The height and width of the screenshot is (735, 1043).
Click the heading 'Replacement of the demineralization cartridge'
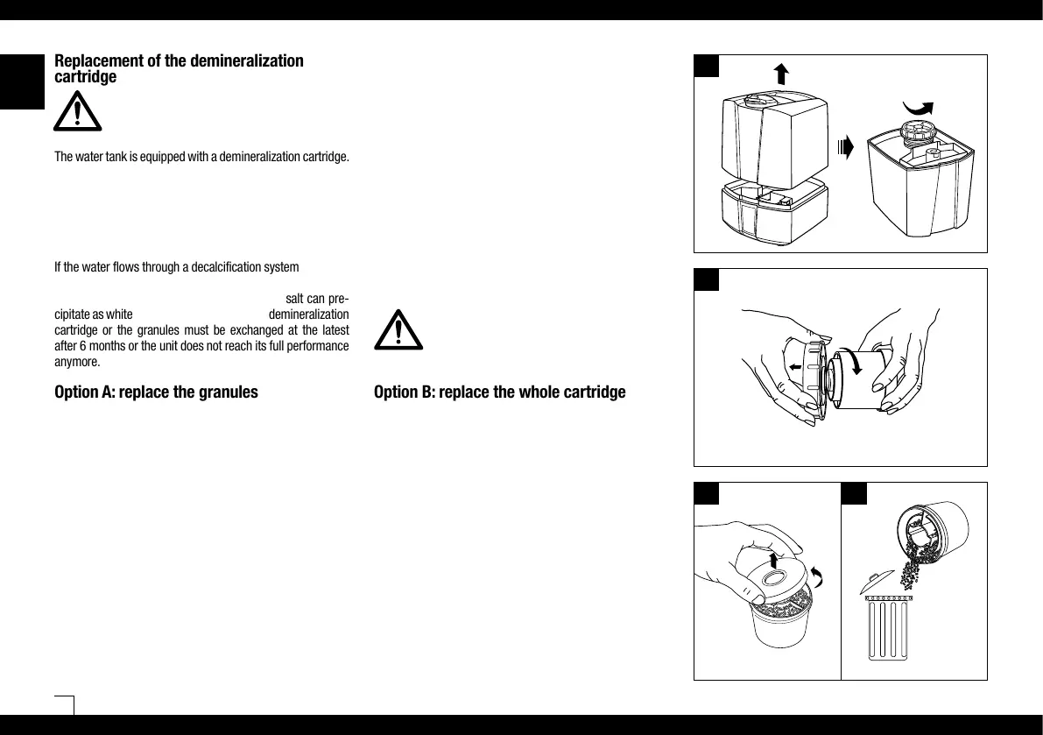[179, 68]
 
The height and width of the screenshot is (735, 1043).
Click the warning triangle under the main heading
[77, 112]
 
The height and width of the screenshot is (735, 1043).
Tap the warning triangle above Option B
[398, 329]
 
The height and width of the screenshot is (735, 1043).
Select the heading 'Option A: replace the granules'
[156, 392]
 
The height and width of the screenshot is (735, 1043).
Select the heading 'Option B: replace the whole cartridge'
[499, 392]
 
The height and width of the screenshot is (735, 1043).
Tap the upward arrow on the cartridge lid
[775, 560]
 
